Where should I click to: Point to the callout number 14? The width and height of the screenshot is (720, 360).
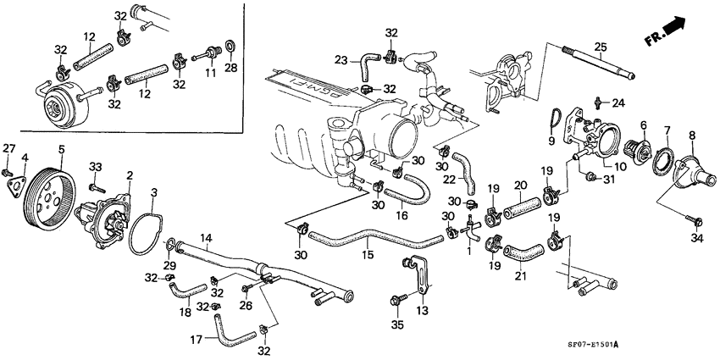pos(205,240)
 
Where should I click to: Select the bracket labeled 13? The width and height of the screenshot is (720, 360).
pos(418,272)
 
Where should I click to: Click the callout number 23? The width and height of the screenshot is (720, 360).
pos(341,59)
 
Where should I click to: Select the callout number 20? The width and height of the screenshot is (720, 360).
pos(521,186)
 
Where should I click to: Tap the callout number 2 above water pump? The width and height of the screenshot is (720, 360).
pos(130,175)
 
